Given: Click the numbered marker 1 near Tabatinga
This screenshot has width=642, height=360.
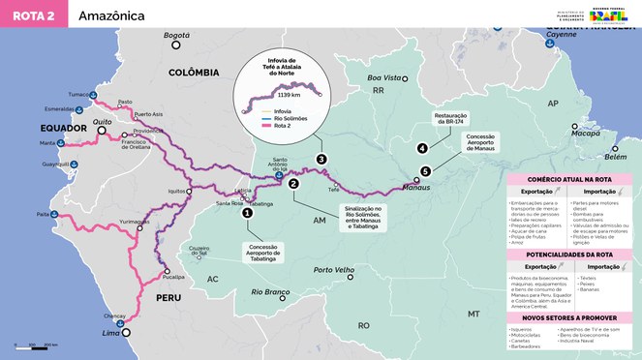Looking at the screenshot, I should tap(248, 213).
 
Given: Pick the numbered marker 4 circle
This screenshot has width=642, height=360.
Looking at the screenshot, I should tap(422, 148).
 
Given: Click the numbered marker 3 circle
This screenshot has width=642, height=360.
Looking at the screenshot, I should tap(321, 159).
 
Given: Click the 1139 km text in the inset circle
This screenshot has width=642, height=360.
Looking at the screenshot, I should tap(290, 96).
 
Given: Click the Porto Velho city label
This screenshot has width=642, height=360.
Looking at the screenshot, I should tap(331, 270).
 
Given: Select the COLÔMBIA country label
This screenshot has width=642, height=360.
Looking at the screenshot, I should tap(194, 73).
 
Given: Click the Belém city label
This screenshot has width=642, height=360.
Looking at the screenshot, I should tap(615, 156).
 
